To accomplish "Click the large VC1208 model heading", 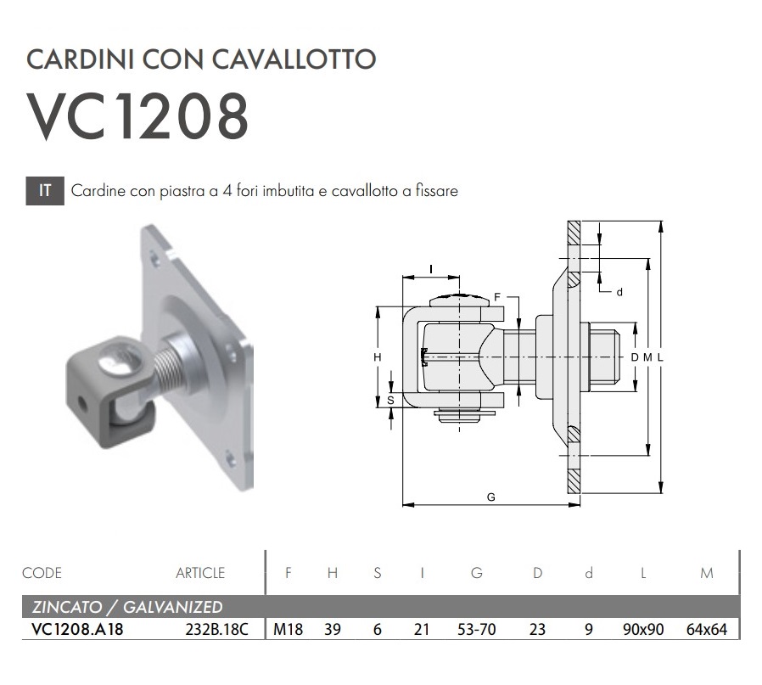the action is click(x=138, y=117).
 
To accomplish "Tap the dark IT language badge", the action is click(x=45, y=191).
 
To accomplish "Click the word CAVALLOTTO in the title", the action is click(x=294, y=59).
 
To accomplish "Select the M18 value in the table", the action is click(x=289, y=629).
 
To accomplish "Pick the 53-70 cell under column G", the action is click(x=476, y=629).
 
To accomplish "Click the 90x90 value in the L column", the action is click(x=643, y=629).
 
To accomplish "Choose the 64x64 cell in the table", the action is click(x=707, y=629).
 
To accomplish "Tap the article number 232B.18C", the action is click(x=216, y=629).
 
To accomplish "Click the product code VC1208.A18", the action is click(x=77, y=629).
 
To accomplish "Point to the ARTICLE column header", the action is click(x=200, y=573).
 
